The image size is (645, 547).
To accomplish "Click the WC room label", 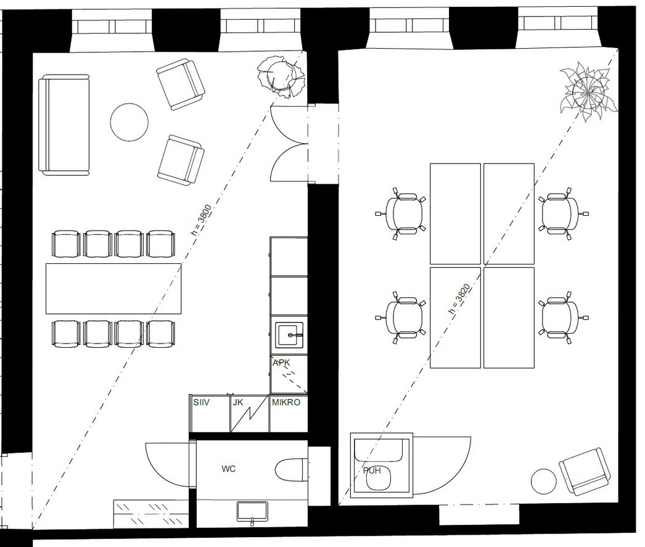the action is (228, 469).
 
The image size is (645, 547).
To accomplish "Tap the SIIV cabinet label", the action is (201, 402).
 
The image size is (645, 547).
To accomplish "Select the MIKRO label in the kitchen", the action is (286, 402).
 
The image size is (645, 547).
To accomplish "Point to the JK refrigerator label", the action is (238, 402).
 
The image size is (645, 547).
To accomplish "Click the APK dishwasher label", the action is (281, 363).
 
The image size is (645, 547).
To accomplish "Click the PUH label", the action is (372, 471).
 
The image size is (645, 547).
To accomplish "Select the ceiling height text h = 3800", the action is (202, 220).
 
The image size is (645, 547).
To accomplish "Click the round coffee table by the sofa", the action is (129, 121).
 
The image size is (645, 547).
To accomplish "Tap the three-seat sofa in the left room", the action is (64, 125).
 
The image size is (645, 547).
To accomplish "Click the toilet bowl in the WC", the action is (290, 470).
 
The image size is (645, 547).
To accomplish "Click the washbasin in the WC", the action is (252, 511).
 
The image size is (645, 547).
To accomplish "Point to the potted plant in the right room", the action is (588, 92).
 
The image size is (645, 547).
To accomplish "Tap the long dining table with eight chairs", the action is (113, 289).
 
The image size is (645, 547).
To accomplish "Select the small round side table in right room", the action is (544, 481).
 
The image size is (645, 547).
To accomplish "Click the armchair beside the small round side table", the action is (585, 471).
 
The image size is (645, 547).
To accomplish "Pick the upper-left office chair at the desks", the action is (401, 214).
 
